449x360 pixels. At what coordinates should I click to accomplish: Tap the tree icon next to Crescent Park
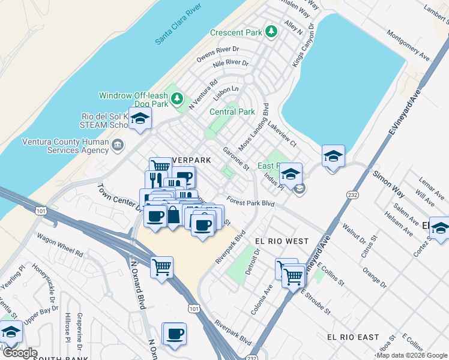[271, 31]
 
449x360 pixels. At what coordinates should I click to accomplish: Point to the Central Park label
[232, 112]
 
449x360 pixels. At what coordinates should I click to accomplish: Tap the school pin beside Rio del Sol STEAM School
[140, 119]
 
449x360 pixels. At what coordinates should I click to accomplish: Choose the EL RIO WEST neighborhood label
[282, 241]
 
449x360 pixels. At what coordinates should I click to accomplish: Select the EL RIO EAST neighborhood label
[353, 337]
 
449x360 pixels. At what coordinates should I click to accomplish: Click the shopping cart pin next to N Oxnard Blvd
[161, 266]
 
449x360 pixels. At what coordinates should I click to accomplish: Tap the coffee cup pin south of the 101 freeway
[175, 334]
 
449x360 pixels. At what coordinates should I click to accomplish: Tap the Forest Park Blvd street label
[250, 203]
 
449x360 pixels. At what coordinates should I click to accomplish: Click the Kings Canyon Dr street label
[302, 45]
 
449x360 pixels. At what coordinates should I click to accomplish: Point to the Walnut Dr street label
[336, 233]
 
